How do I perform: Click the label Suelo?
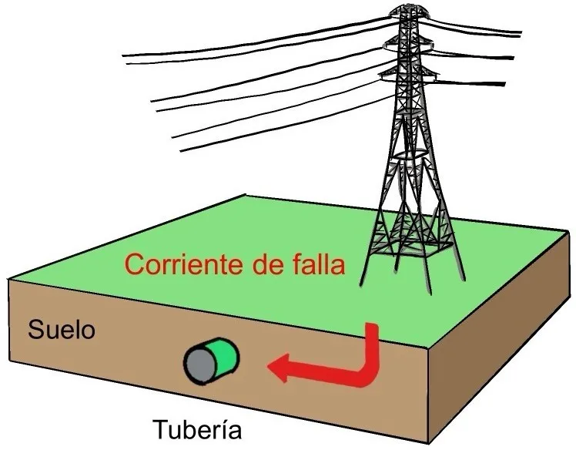pos(62,331)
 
